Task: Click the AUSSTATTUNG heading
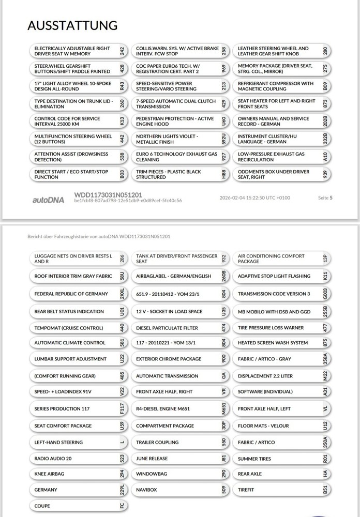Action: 72,25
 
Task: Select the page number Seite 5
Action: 325,197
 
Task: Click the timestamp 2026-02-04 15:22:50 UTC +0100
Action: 255,197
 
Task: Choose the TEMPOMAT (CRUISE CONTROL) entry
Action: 69,328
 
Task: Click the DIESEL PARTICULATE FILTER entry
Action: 167,328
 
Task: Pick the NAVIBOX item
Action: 146,490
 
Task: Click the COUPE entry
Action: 42,506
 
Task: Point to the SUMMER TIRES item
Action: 254,459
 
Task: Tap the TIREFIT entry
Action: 246,490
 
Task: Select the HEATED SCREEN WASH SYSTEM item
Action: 273,343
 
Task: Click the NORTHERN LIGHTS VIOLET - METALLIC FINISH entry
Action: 167,139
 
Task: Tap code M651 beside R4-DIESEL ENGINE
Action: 224,408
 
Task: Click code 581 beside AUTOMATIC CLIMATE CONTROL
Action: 122,343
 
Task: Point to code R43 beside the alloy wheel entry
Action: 122,86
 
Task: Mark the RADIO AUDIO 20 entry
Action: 53,459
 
